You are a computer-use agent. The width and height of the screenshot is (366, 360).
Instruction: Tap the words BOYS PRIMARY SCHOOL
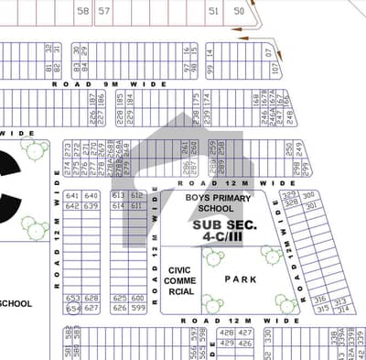pyautogui.click(x=216, y=202)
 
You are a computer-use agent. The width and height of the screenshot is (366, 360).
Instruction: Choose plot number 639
pyautogui.click(x=91, y=206)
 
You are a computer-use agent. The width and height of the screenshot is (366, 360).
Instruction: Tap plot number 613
pyautogui.click(x=118, y=195)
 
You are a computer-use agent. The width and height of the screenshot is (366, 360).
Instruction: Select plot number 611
pyautogui.click(x=136, y=206)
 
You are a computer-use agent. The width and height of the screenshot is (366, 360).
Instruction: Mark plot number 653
pyautogui.click(x=71, y=298)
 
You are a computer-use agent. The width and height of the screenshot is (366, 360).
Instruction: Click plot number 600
pyautogui.click(x=137, y=298)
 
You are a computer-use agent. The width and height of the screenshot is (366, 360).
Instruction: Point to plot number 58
pyautogui.click(x=83, y=11)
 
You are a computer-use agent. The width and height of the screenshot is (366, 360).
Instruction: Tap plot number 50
pyautogui.click(x=239, y=11)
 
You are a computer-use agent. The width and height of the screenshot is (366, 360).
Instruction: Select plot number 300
pyautogui.click(x=308, y=195)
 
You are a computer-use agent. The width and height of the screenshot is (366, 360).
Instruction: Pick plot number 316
pyautogui.click(x=319, y=299)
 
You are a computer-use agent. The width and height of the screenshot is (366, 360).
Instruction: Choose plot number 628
pyautogui.click(x=91, y=298)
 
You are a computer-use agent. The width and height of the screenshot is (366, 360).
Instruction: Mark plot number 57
pyautogui.click(x=104, y=11)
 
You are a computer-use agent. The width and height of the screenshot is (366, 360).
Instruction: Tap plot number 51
pyautogui.click(x=213, y=11)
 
